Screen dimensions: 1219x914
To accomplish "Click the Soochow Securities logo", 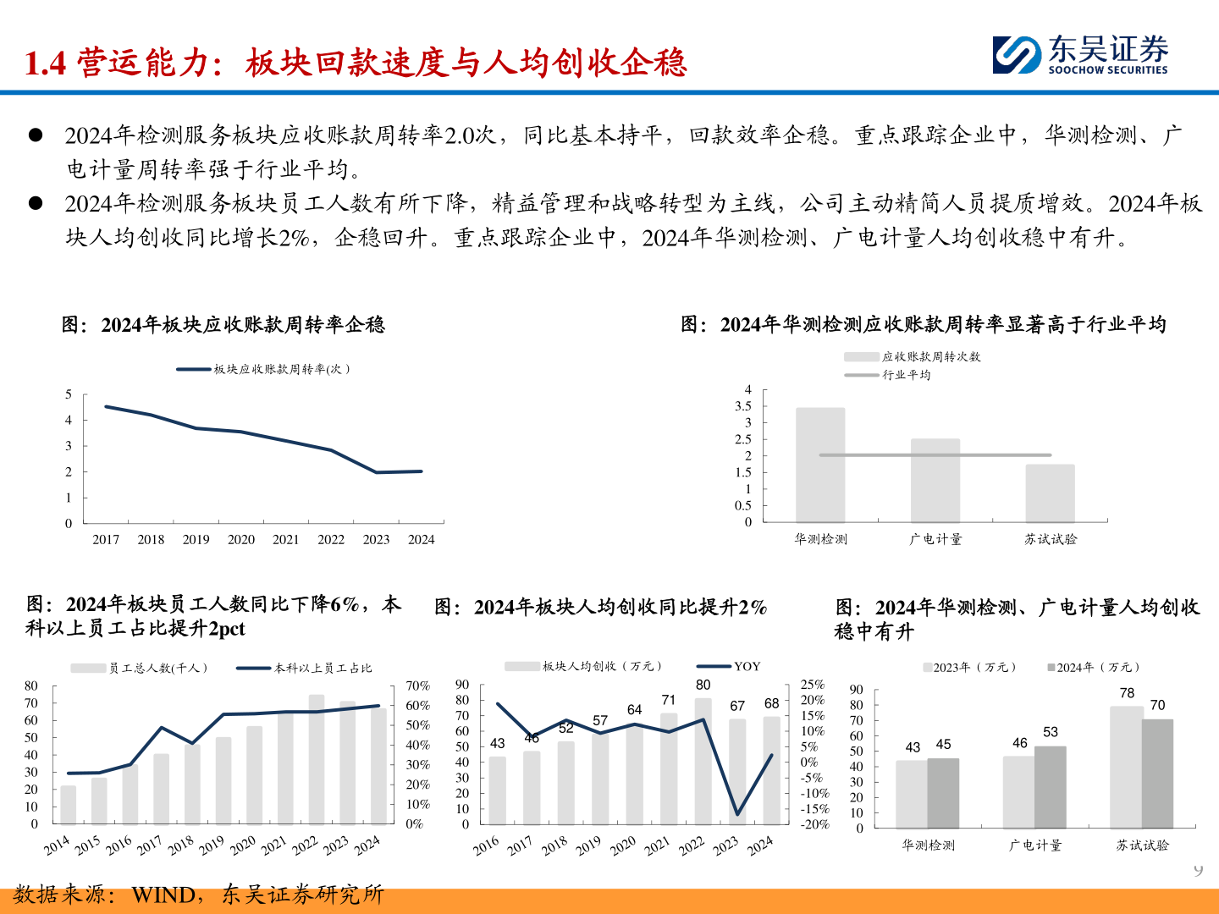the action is [x=1079, y=54].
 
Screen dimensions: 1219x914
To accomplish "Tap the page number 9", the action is [x=1198, y=870].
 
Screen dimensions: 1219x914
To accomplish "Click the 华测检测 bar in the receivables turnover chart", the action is [x=820, y=465].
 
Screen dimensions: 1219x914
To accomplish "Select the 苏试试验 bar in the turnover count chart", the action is [x=1050, y=493].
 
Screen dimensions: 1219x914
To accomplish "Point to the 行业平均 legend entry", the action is [x=887, y=375].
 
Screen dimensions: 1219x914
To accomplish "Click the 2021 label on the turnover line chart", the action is [x=285, y=539].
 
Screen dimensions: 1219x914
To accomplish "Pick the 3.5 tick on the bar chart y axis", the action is [x=742, y=406].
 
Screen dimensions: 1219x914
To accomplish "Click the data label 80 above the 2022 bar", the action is [x=703, y=685].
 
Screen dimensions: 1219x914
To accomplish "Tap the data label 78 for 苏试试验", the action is [x=1127, y=693].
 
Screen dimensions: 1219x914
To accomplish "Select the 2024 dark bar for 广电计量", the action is [x=1051, y=787].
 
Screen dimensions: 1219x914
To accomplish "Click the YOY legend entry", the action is [x=728, y=667].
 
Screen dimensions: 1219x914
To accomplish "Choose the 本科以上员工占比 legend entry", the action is [x=304, y=669].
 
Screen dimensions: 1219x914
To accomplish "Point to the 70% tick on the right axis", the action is [x=417, y=685].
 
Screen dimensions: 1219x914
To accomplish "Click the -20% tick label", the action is [x=814, y=824].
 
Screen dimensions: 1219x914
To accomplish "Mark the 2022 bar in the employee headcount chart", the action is [x=317, y=758].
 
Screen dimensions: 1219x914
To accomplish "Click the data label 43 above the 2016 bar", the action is [x=497, y=743].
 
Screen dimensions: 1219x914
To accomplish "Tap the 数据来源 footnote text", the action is [x=198, y=895].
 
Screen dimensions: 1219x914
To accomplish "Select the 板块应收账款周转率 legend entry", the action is [x=263, y=369].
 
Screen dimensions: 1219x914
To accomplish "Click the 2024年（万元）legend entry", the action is [x=1093, y=667].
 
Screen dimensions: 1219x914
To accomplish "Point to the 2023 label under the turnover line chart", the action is [x=376, y=539].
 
